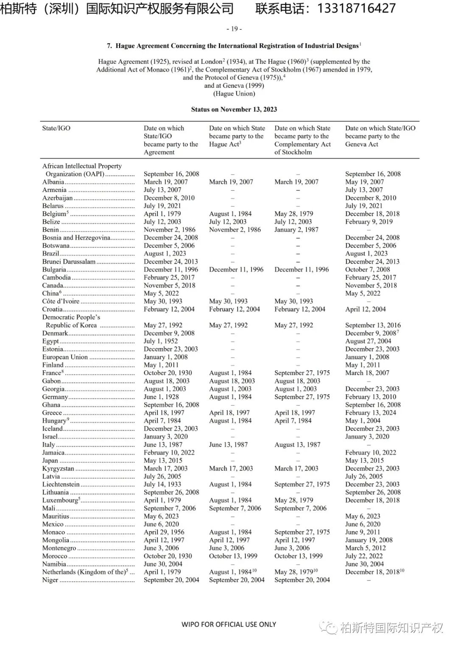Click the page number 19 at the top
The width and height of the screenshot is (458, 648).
pyautogui.click(x=234, y=29)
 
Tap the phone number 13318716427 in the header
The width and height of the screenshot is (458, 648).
pyautogui.click(x=356, y=8)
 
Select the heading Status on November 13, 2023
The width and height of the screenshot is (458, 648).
pyautogui.click(x=234, y=109)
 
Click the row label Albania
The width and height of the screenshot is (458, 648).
pyautogui.click(x=53, y=182)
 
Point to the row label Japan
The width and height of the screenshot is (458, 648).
pyautogui.click(x=50, y=460)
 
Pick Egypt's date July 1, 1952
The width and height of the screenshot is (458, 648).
pyautogui.click(x=161, y=341)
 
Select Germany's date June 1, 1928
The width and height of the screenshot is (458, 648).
pyautogui.click(x=161, y=397)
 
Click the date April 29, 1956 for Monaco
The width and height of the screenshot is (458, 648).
pyautogui.click(x=164, y=532)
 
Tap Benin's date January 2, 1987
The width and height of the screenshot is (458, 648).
pyautogui.click(x=296, y=230)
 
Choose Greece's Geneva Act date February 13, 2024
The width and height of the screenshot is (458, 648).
pyautogui.click(x=370, y=413)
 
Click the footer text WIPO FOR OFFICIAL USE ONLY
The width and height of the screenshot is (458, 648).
pyautogui.click(x=229, y=624)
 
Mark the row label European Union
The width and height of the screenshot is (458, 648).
pyautogui.click(x=65, y=357)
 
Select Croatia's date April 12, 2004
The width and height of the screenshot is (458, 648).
pyautogui.click(x=365, y=309)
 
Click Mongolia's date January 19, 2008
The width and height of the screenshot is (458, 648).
pyautogui.click(x=369, y=540)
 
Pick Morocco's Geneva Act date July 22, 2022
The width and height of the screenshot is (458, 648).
pyautogui.click(x=364, y=556)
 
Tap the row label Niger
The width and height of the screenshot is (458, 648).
pyautogui.click(x=50, y=580)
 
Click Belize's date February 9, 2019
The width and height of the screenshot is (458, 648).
pyautogui.click(x=369, y=222)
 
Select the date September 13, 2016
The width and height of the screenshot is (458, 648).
pyautogui.click(x=373, y=325)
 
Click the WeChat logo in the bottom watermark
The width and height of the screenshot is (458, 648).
pyautogui.click(x=329, y=627)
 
